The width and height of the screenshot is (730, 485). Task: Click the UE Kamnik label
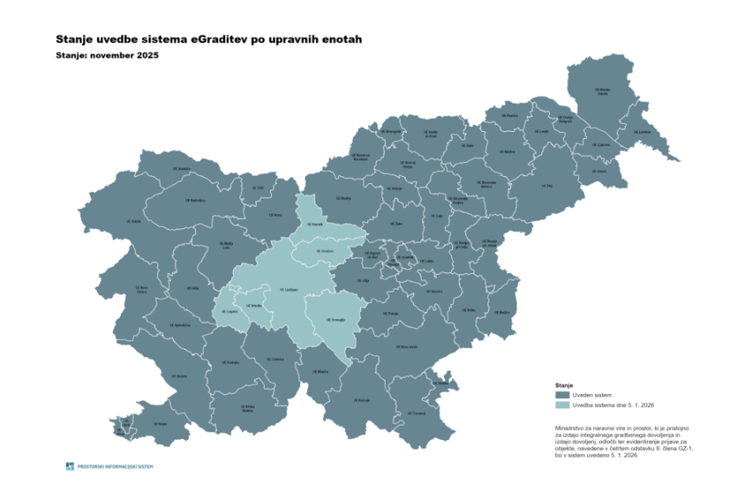pos(315,223)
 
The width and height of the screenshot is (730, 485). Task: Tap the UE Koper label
pos(160,424)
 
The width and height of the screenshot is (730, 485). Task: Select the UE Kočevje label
pos(363,400)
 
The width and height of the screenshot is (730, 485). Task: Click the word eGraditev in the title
pos(223,38)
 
